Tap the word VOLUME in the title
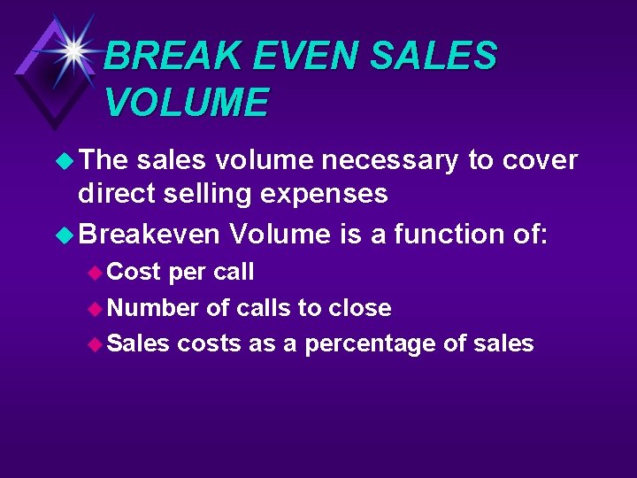pyautogui.click(x=187, y=103)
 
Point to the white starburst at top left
pyautogui.click(x=74, y=50)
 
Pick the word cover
pyautogui.click(x=540, y=160)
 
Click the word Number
pyautogui.click(x=152, y=308)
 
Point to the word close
pyautogui.click(x=360, y=308)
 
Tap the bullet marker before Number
pyautogui.click(x=96, y=309)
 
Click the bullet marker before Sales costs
pyautogui.click(x=96, y=344)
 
